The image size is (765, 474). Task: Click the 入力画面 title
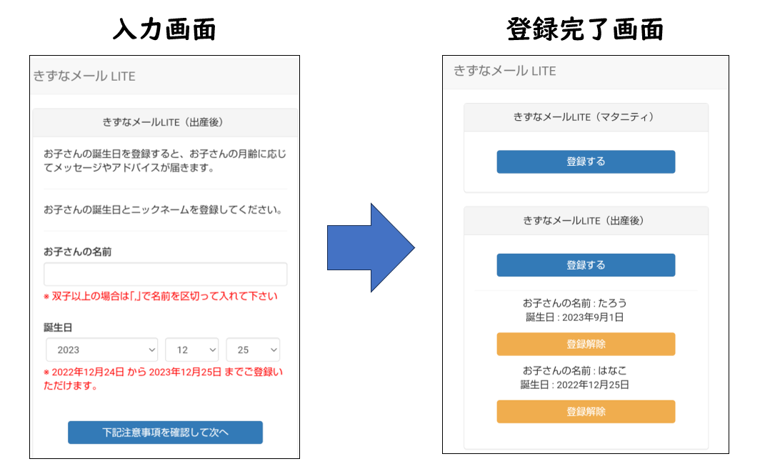pyautogui.click(x=164, y=29)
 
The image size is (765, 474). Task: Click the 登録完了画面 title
pyautogui.click(x=585, y=29)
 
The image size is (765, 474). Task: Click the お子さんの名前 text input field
pyautogui.click(x=166, y=274)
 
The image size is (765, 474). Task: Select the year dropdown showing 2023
pyautogui.click(x=101, y=350)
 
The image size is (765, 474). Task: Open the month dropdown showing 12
pyautogui.click(x=191, y=350)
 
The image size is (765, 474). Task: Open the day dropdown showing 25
pyautogui.click(x=253, y=350)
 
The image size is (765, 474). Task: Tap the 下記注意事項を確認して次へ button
pyautogui.click(x=166, y=433)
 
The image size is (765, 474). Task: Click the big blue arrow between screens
pyautogui.click(x=371, y=247)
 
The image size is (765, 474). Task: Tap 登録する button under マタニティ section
pyautogui.click(x=586, y=162)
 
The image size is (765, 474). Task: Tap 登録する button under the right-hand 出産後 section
pyautogui.click(x=586, y=265)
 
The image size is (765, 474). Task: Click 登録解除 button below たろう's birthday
pyautogui.click(x=586, y=344)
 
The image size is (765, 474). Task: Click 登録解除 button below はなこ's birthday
pyautogui.click(x=586, y=412)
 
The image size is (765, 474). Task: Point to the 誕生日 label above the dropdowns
pyautogui.click(x=58, y=327)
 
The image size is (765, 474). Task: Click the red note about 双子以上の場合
pyautogui.click(x=161, y=296)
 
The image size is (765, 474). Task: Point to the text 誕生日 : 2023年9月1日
pyautogui.click(x=575, y=317)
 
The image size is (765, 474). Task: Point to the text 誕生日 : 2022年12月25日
pyautogui.click(x=575, y=385)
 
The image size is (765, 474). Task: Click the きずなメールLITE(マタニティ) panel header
pyautogui.click(x=586, y=117)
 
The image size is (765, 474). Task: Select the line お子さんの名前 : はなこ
pyautogui.click(x=575, y=370)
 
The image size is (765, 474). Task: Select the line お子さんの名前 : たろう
pyautogui.click(x=575, y=303)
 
